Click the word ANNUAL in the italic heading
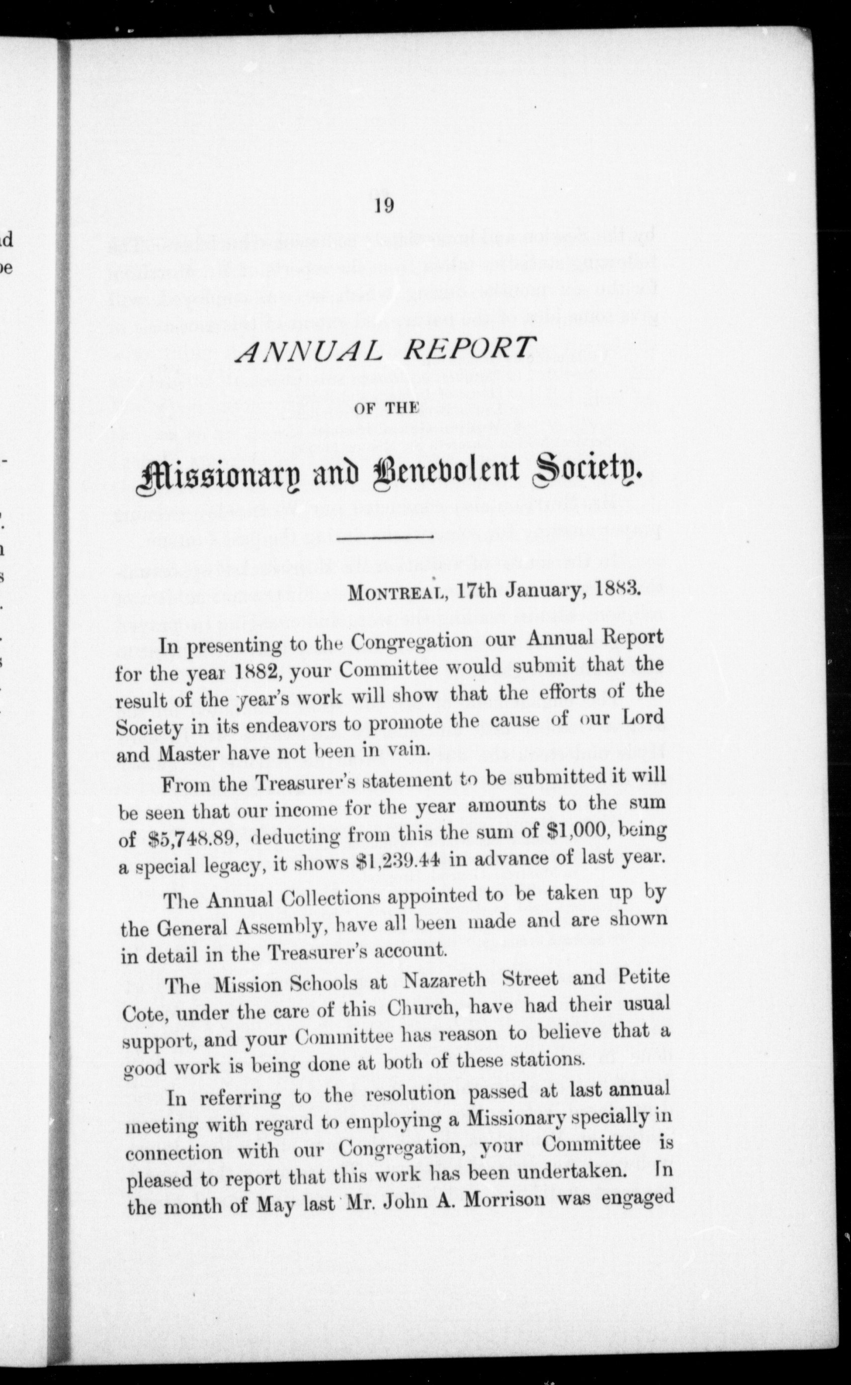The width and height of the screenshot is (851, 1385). tap(307, 354)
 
